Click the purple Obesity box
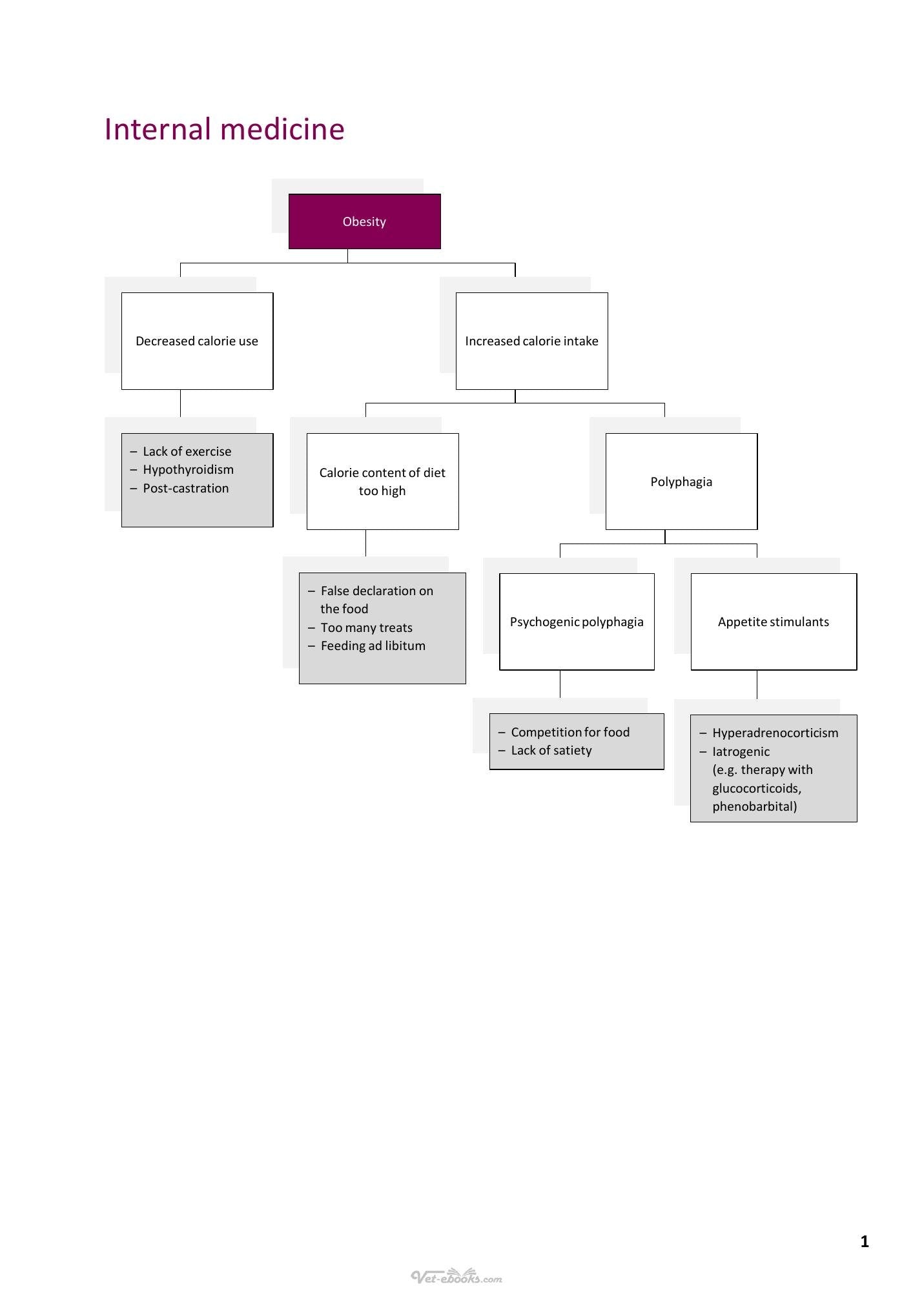point(365,221)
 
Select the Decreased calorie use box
point(198,341)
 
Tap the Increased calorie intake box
point(532,341)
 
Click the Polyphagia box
point(682,482)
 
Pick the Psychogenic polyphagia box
point(577,622)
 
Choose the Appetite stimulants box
point(774,622)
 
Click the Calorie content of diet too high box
point(383,482)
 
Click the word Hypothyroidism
point(189,470)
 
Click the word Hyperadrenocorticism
point(775,733)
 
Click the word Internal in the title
point(158,129)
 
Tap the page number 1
point(865,1241)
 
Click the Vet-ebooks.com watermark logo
point(456,1276)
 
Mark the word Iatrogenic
point(741,751)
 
